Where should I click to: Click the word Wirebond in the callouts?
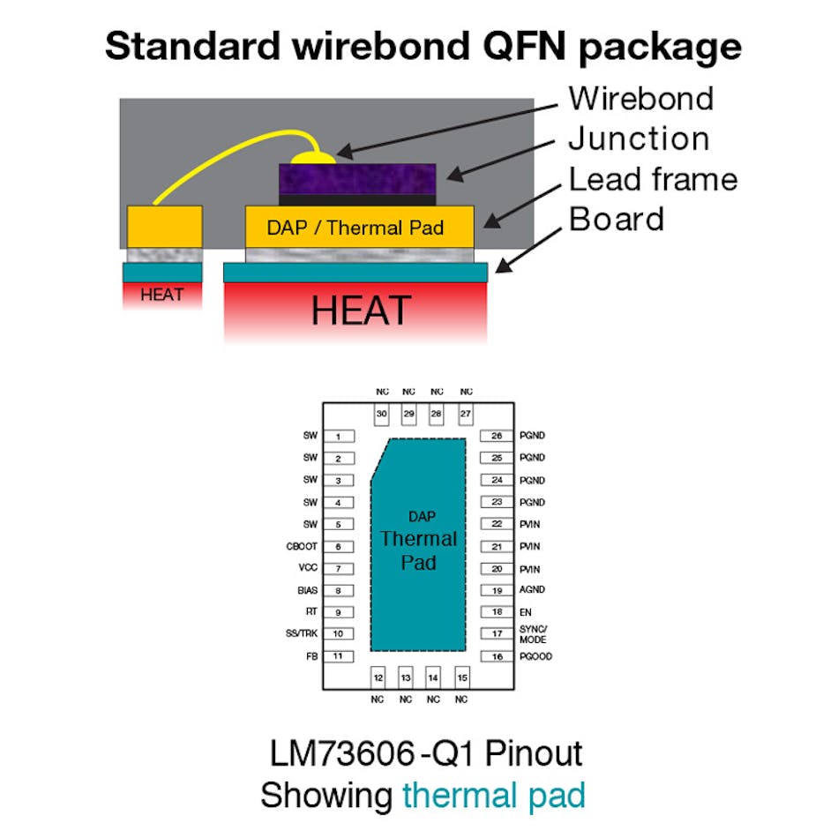pos(640,98)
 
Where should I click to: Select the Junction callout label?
pos(638,139)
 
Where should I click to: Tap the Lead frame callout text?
pos(653,179)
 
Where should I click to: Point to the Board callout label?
pos(616,219)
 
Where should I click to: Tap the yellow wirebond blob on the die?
pos(315,158)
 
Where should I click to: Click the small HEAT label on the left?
pos(162,295)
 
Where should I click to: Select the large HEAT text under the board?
pos(361,311)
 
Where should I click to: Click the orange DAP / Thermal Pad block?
pos(359,228)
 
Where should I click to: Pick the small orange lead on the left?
pos(165,227)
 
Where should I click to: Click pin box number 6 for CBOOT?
pos(338,547)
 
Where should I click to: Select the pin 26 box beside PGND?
pos(497,436)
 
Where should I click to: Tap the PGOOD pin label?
pos(535,657)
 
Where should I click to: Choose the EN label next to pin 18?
pos(524,612)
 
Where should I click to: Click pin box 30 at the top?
pos(382,414)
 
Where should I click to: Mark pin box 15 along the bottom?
pos(460,677)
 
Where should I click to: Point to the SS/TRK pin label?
pos(302,634)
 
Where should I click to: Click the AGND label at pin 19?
pos(532,590)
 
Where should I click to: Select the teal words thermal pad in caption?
pos(493,795)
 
